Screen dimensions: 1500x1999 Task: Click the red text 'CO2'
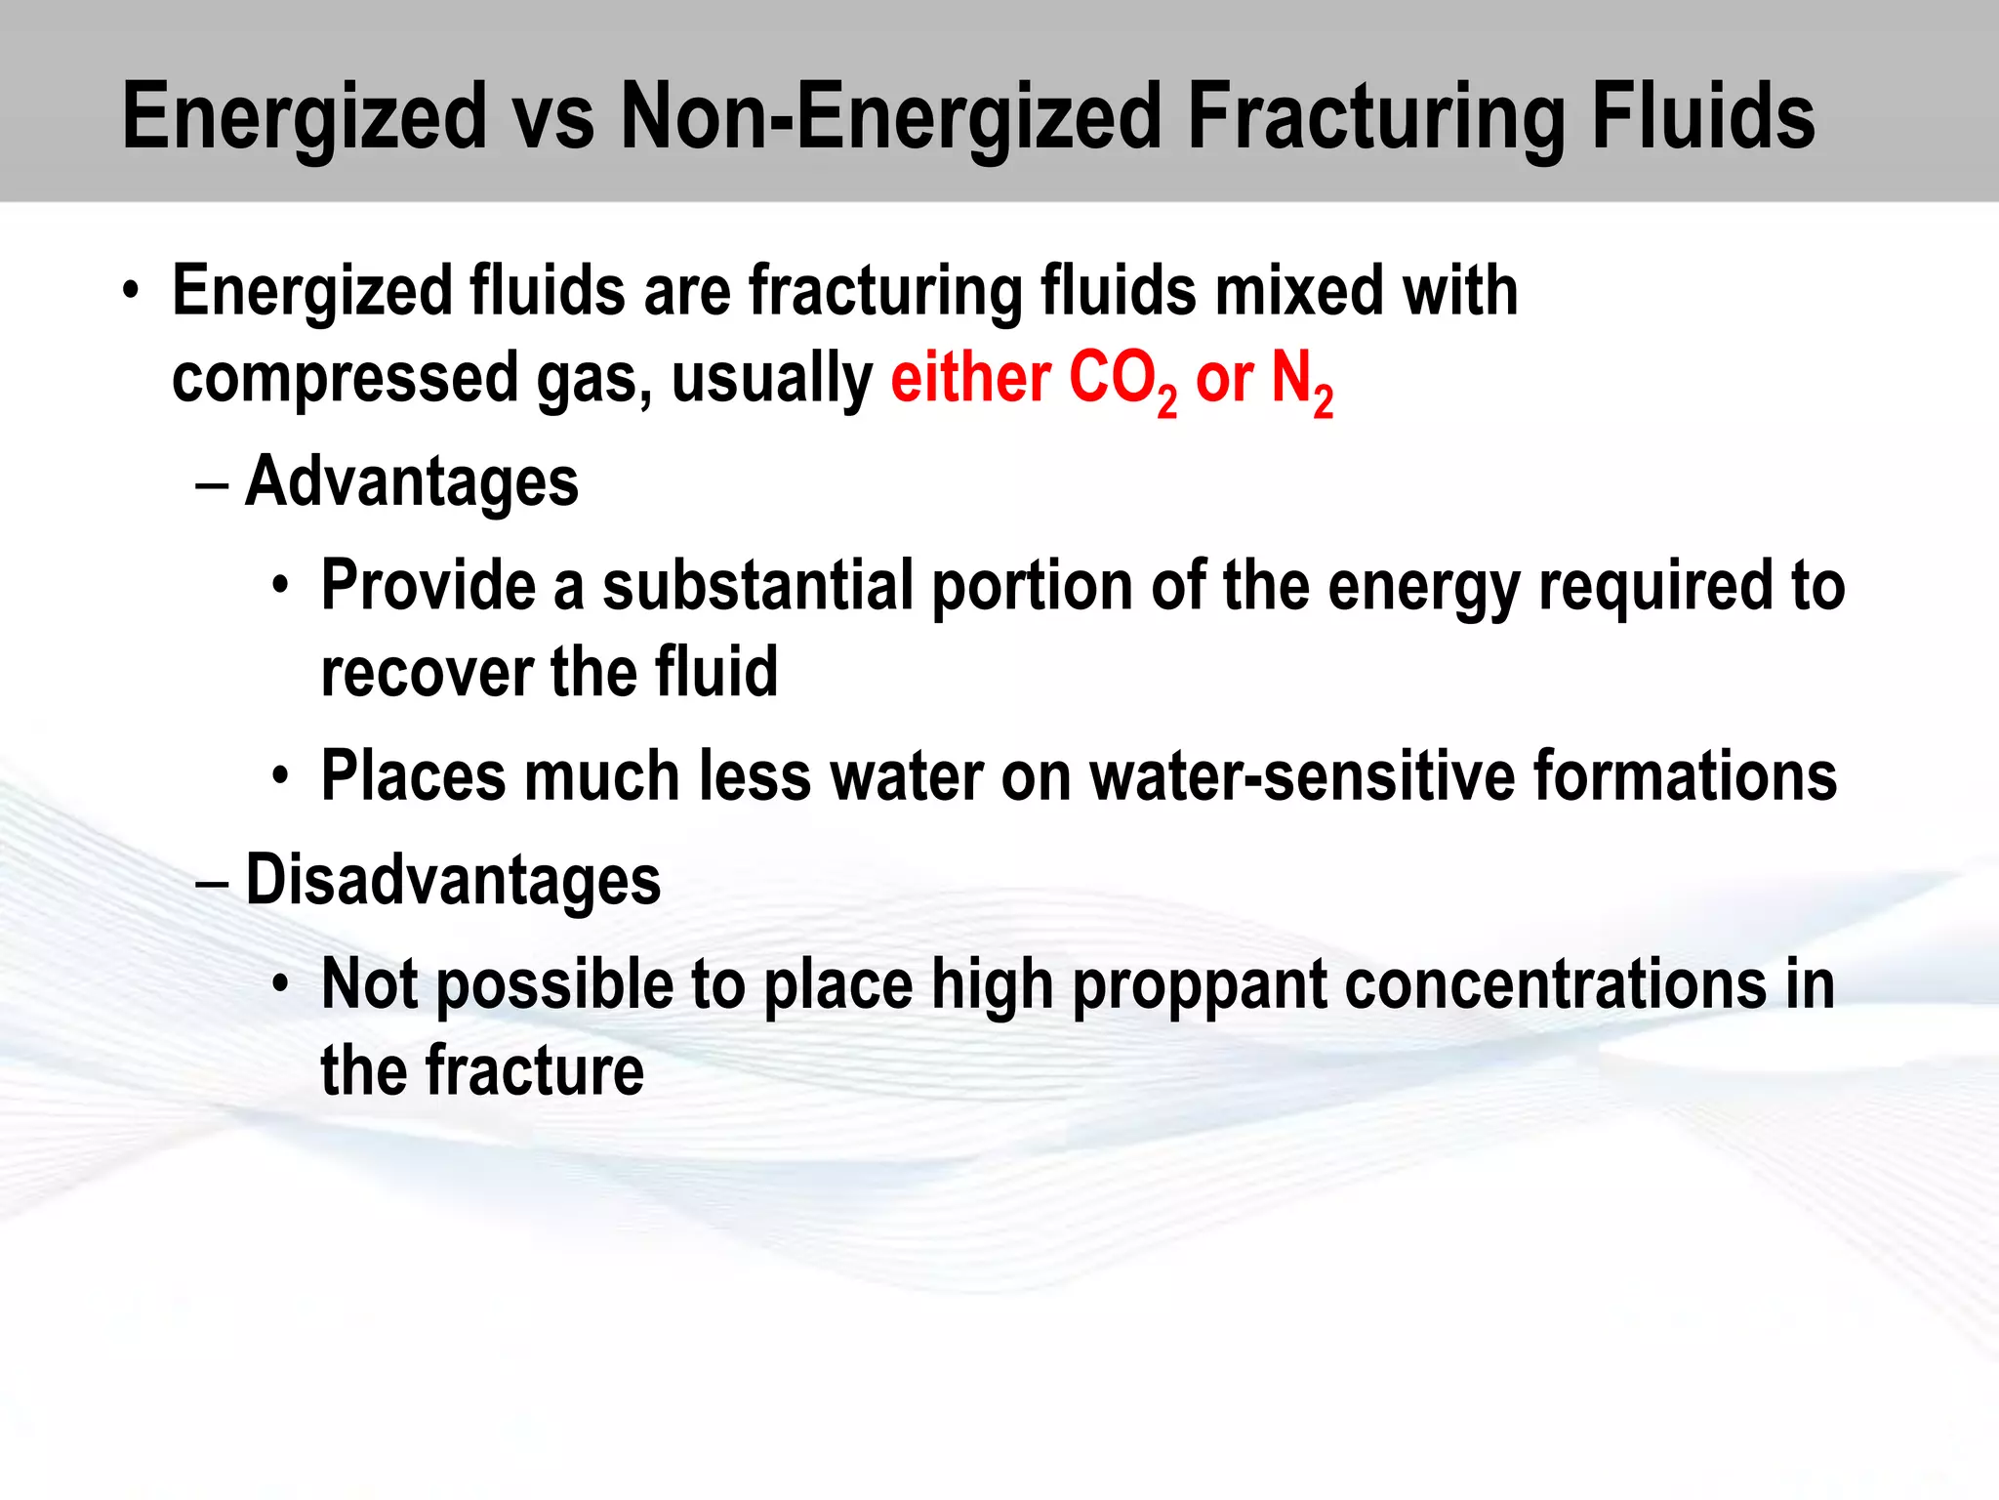(x=1122, y=381)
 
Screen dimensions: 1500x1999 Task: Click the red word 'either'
(x=970, y=379)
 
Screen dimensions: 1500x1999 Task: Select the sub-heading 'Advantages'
(x=411, y=482)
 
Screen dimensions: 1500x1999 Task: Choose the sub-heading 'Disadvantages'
(x=453, y=880)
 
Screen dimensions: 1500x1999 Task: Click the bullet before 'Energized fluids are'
(x=131, y=291)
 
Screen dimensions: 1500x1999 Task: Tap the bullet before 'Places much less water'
(x=281, y=777)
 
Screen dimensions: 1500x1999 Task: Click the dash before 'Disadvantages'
(x=212, y=882)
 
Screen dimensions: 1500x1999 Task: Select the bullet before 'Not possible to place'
(x=281, y=984)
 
